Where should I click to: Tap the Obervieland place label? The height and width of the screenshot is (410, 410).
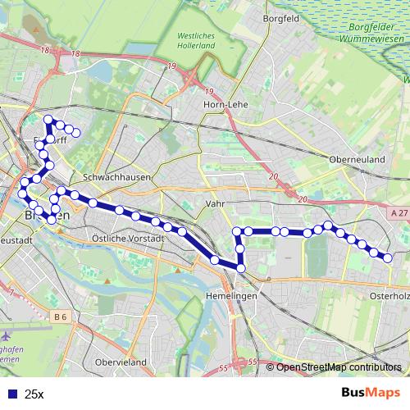(x=121, y=362)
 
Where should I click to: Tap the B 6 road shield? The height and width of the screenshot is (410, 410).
(x=59, y=316)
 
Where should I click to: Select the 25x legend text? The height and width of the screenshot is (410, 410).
(x=34, y=394)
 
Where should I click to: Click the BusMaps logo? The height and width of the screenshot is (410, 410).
(x=371, y=393)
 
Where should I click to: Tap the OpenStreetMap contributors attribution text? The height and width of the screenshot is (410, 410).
(x=338, y=367)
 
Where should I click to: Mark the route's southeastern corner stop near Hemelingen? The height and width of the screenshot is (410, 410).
(x=242, y=268)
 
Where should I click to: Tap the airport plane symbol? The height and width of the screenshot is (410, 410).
(x=7, y=336)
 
